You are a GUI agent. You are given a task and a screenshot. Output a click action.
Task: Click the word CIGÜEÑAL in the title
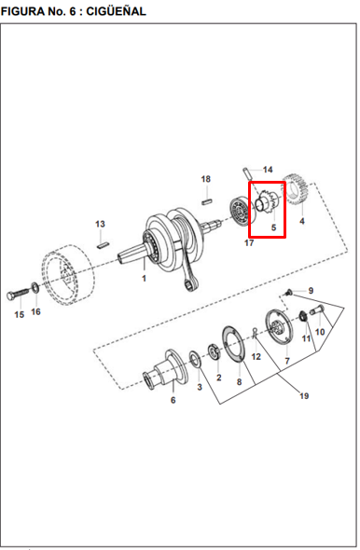[x=116, y=11]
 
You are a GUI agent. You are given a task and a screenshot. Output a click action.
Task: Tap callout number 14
[x=268, y=170]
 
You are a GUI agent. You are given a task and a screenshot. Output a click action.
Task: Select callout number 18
[x=206, y=179]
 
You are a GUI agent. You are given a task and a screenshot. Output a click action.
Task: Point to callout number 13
[x=100, y=224]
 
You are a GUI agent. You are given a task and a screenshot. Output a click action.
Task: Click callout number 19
[x=304, y=396]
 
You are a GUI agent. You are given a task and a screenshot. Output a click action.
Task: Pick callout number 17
[x=249, y=242]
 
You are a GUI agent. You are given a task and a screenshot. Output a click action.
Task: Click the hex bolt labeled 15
[x=19, y=294]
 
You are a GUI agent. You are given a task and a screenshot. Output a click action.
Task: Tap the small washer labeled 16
[x=35, y=288]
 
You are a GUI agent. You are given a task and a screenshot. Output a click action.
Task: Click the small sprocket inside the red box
[x=268, y=204]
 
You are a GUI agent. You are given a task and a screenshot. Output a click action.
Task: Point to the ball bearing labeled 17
[x=241, y=212]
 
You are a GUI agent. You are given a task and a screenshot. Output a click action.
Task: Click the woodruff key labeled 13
[x=104, y=244]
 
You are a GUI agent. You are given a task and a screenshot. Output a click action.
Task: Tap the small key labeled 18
[x=207, y=201]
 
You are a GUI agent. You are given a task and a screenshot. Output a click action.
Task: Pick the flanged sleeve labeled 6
[x=165, y=370]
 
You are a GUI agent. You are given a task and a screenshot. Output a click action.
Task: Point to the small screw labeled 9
[x=289, y=292]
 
